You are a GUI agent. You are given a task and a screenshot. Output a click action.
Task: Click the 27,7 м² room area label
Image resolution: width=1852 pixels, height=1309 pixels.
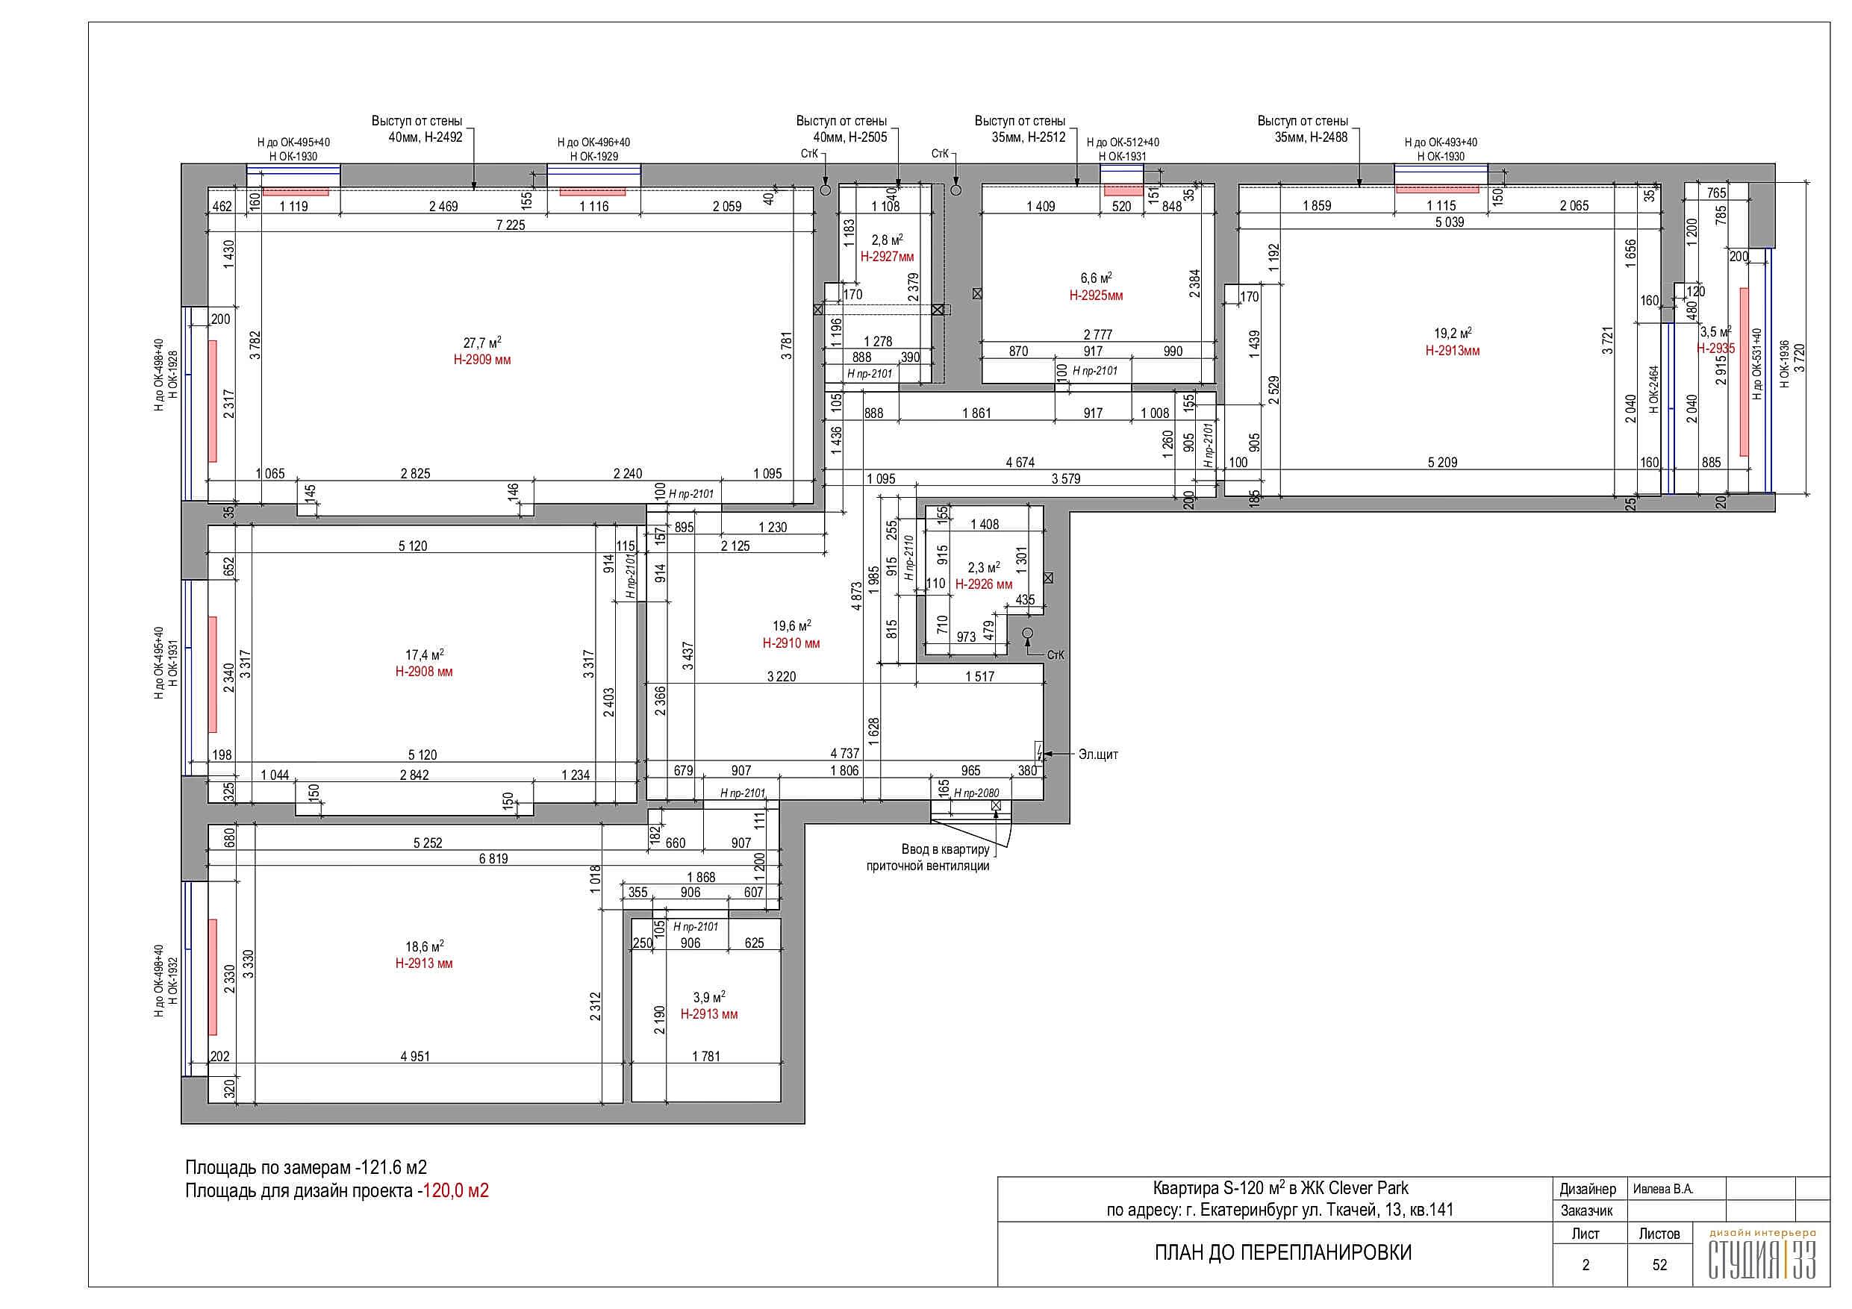(x=482, y=343)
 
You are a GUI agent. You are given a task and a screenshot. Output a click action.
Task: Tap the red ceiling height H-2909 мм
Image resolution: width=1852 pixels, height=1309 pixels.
(x=482, y=360)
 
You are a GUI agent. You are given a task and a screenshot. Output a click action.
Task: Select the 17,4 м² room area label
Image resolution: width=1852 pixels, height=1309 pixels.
(x=424, y=655)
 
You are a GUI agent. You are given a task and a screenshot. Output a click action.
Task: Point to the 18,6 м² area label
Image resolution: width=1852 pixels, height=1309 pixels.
(x=424, y=947)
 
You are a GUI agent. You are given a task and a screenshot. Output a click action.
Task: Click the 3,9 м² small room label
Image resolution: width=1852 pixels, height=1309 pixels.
(x=709, y=998)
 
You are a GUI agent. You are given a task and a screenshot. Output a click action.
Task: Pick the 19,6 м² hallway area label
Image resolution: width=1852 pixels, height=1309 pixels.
(x=792, y=626)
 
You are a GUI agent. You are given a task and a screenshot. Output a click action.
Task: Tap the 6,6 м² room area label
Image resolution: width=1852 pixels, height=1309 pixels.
(x=1097, y=278)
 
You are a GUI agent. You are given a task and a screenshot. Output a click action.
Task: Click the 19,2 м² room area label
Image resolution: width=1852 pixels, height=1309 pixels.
(x=1453, y=333)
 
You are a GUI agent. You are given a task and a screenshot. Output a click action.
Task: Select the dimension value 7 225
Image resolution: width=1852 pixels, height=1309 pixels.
(x=511, y=225)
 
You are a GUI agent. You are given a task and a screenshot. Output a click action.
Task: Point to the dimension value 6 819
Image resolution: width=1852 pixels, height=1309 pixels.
(x=493, y=859)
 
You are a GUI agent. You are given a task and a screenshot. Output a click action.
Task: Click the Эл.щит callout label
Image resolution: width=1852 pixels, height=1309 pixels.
(x=1099, y=755)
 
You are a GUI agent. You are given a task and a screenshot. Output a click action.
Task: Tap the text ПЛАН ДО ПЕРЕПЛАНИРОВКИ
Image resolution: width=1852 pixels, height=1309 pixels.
(x=1283, y=1252)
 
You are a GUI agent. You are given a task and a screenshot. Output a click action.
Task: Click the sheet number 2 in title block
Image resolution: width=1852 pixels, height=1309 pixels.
(x=1586, y=1265)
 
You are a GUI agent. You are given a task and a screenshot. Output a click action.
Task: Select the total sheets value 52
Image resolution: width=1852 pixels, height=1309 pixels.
(x=1659, y=1265)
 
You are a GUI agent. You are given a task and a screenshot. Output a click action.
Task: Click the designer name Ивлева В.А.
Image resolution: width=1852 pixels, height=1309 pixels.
(x=1663, y=1189)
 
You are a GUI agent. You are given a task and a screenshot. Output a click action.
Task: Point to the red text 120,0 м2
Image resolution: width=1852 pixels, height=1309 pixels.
(x=457, y=1190)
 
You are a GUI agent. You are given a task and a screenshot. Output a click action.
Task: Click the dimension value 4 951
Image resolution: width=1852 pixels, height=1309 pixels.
(x=415, y=1057)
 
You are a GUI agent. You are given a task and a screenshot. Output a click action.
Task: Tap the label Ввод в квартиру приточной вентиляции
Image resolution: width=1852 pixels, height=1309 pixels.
(x=928, y=857)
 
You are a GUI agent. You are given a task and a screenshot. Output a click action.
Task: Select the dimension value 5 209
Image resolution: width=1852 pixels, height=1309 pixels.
(x=1442, y=463)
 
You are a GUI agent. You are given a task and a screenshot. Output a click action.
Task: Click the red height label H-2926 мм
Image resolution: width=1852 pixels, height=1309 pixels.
(x=984, y=584)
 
